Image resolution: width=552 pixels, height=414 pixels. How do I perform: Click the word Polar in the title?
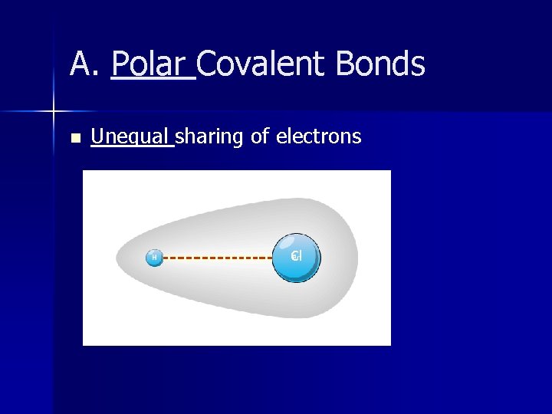(151, 64)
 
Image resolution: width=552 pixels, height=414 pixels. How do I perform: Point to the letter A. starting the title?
(85, 64)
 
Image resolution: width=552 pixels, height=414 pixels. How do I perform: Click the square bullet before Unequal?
(74, 139)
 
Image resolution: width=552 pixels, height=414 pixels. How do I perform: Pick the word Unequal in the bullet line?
(131, 137)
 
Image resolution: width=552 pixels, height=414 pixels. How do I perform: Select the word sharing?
(210, 137)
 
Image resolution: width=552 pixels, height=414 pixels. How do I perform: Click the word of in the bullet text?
(260, 137)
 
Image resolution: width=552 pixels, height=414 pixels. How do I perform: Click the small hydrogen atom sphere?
(155, 258)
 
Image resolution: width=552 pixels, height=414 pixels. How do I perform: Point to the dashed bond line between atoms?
(219, 258)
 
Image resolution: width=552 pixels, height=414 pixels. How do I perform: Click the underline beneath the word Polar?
(153, 79)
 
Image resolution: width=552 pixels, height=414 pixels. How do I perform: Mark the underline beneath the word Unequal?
(132, 146)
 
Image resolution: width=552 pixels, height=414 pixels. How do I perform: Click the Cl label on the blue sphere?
(297, 256)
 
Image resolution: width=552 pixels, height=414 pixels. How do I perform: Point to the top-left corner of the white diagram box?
(84, 171)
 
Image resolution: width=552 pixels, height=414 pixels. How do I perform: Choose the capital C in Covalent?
(208, 64)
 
